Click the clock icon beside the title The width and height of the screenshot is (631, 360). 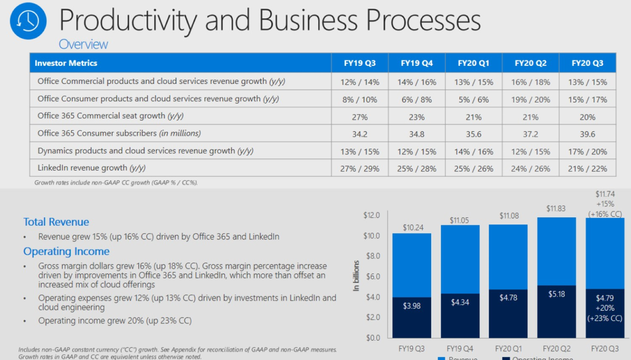(25, 22)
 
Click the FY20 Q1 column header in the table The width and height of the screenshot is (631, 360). (473, 63)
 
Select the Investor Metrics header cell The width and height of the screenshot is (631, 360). (66, 63)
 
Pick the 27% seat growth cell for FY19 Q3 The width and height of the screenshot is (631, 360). (360, 117)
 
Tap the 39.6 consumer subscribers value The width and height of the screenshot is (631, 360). (587, 134)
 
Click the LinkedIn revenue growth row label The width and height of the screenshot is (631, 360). (91, 168)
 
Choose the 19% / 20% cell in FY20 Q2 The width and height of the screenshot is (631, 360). (531, 99)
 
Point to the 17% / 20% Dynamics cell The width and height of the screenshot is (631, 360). (587, 151)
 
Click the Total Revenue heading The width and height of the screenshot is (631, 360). (56, 222)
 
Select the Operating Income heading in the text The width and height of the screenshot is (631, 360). (66, 251)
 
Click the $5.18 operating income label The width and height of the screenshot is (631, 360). (556, 294)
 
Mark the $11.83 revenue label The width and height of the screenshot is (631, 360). (556, 209)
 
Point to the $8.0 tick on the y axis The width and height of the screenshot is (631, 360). (372, 256)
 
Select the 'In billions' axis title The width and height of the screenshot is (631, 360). (356, 276)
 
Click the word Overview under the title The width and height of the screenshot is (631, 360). (83, 44)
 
